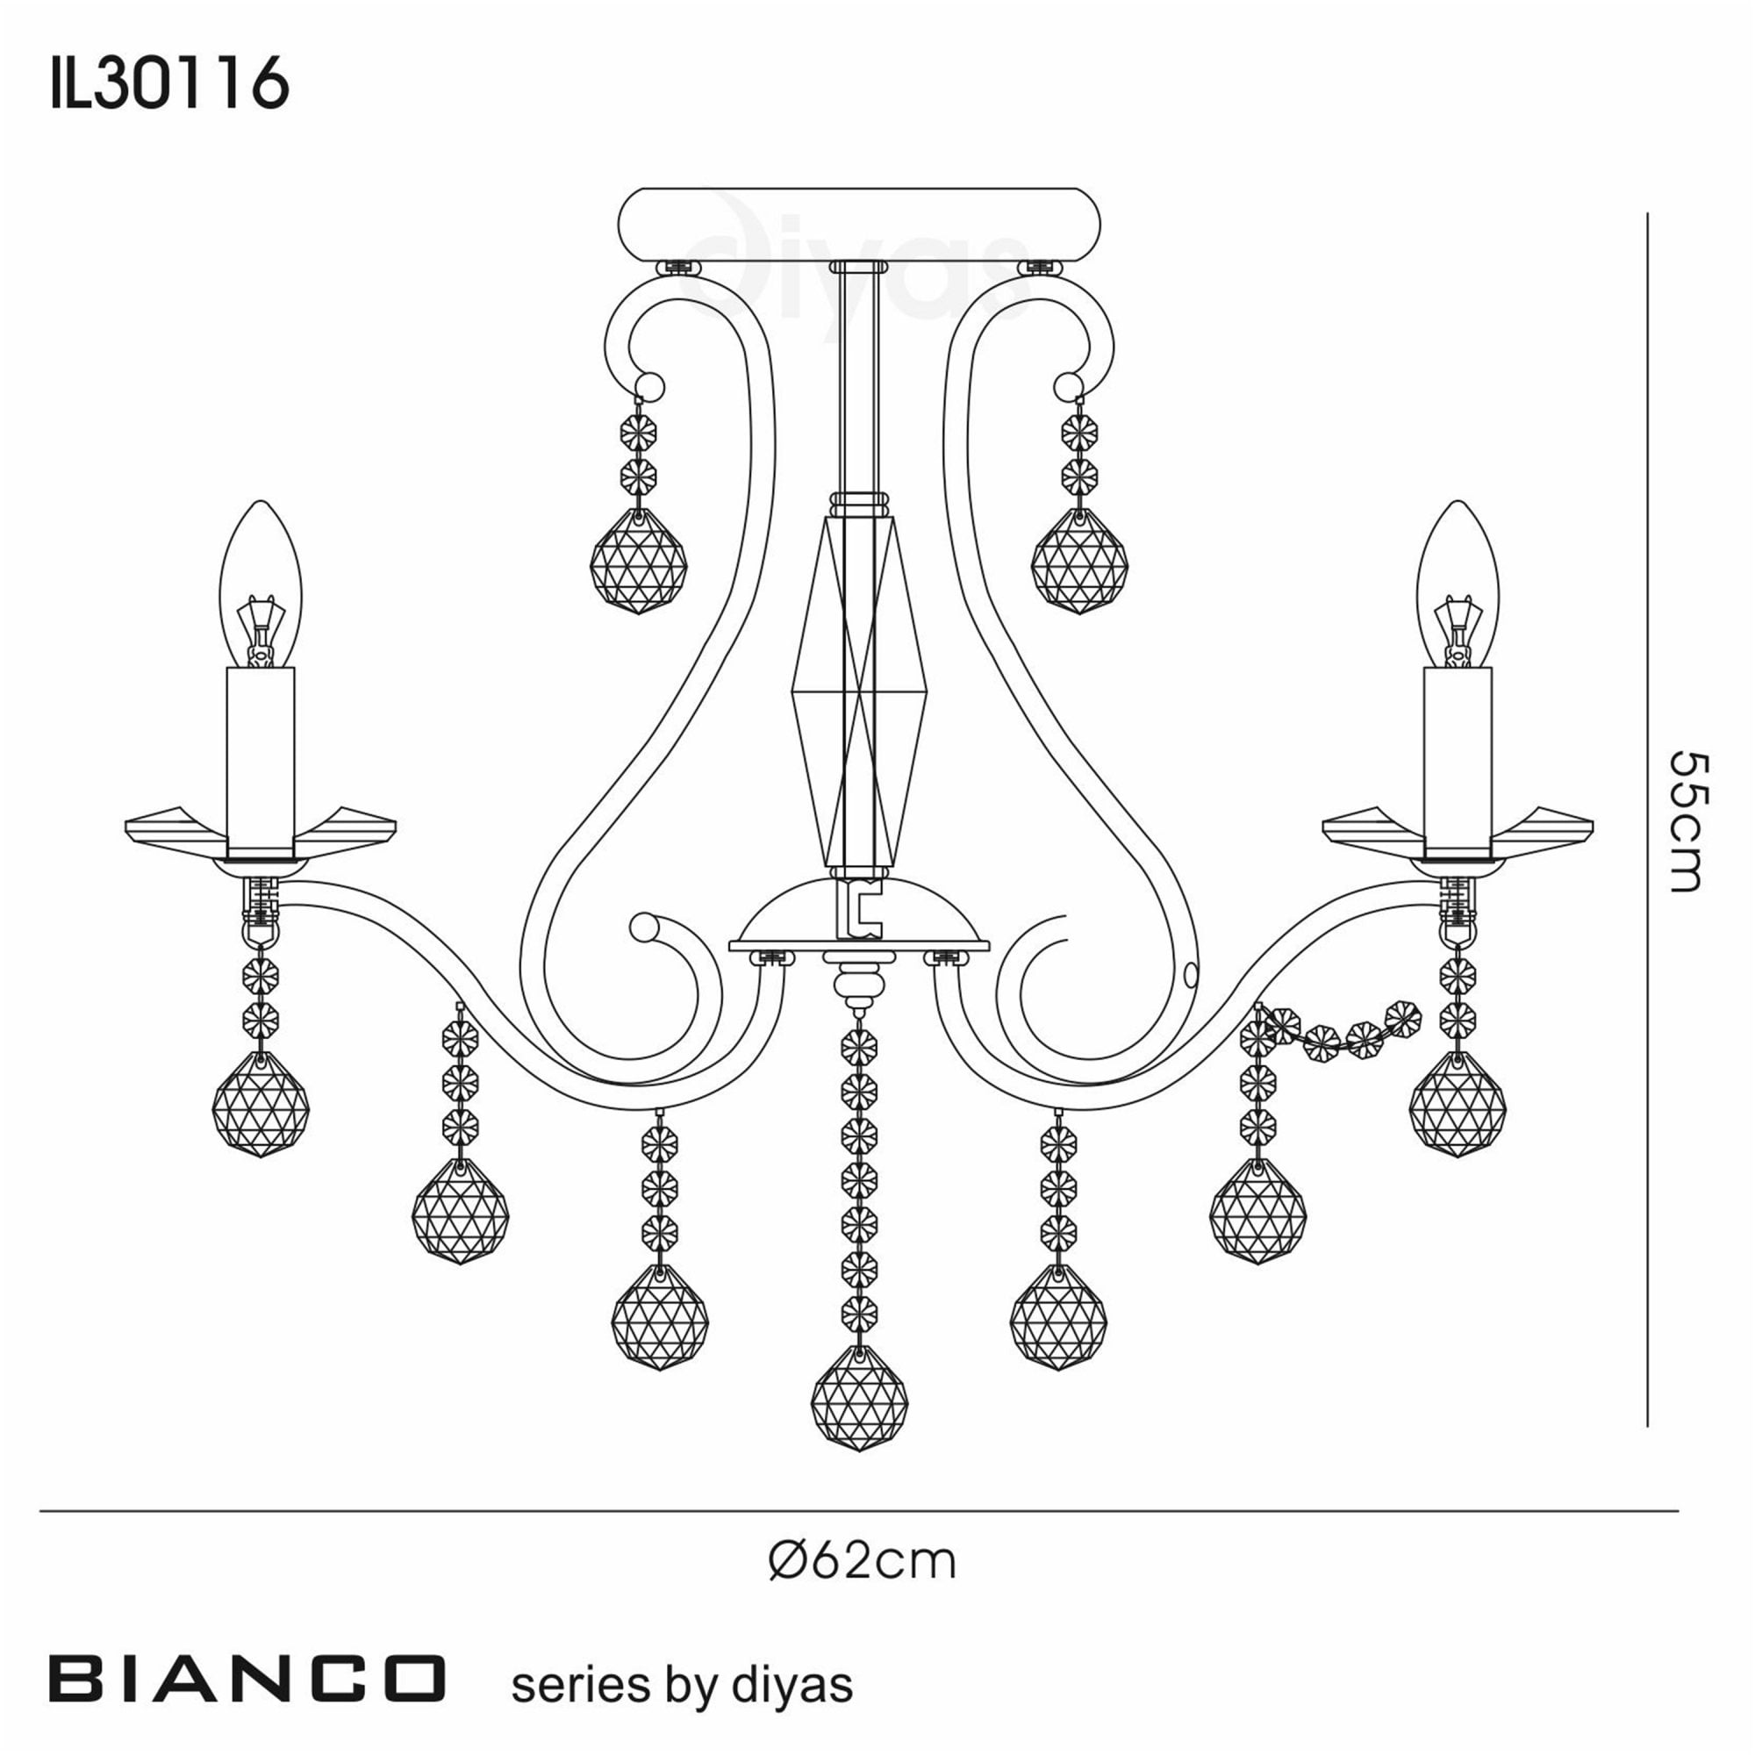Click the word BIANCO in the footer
click(x=247, y=1678)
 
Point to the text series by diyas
click(x=682, y=1685)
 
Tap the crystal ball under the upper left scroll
click(x=639, y=562)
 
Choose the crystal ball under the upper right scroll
click(x=1079, y=562)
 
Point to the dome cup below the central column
click(x=858, y=918)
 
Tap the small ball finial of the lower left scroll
click(x=644, y=928)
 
